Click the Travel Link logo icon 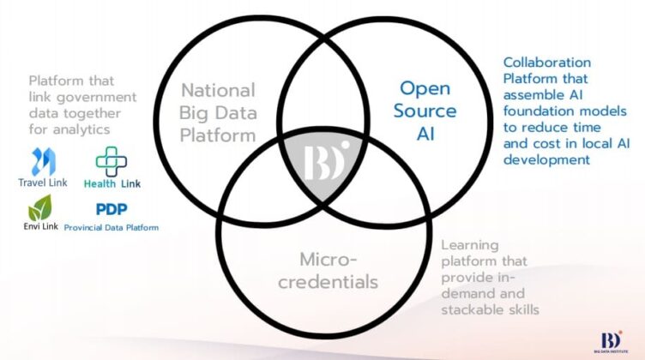pos(44,161)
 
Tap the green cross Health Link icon pos(111,161)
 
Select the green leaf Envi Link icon pos(40,207)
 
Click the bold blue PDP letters pos(112,209)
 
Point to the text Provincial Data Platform pos(112,228)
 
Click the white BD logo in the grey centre pos(326,161)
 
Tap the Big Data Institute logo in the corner pos(612,342)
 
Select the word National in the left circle pos(218,90)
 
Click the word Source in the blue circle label pos(425,111)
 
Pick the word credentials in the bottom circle pos(328,282)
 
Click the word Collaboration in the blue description pos(547,63)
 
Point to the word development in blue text pos(546,159)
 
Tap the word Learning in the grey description pos(470,245)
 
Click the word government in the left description pos(96,98)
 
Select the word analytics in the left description pos(81,130)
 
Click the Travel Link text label pos(43,183)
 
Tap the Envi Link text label pos(40,226)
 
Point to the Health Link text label pos(112,183)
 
